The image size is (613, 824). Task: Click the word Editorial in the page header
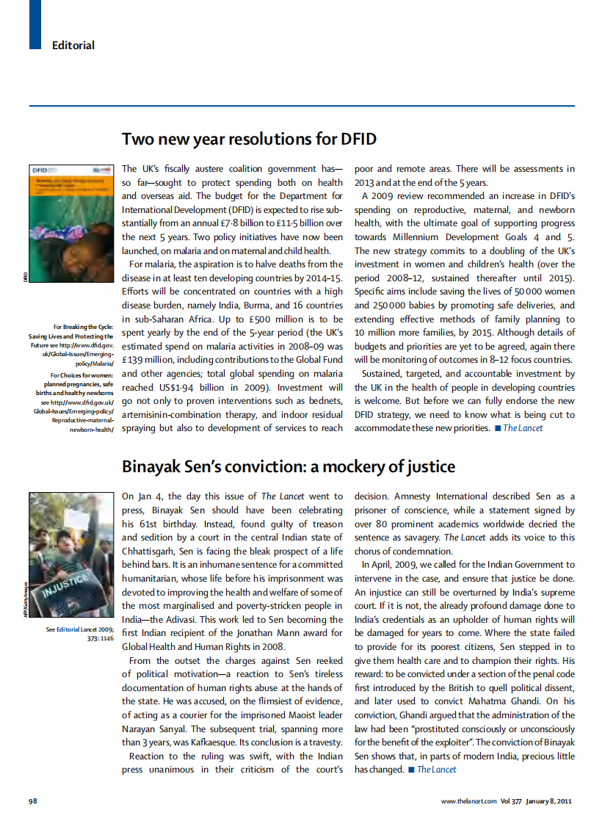(73, 46)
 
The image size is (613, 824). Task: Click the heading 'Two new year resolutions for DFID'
(249, 139)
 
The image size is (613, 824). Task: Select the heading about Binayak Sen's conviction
(288, 466)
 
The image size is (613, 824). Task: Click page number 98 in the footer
(33, 800)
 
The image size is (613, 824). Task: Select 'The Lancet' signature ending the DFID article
(523, 428)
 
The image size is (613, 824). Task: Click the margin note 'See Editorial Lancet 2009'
(80, 629)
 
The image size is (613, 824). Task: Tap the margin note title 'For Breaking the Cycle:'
(84, 327)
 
